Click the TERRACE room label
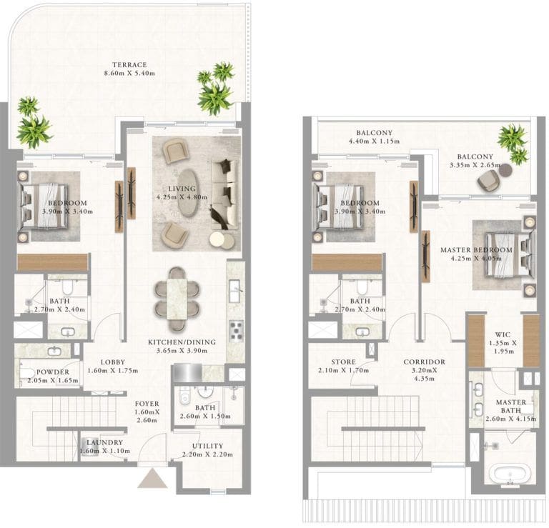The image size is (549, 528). [x=129, y=64]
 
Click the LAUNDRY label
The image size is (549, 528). [x=102, y=442]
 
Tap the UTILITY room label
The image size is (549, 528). [x=207, y=445]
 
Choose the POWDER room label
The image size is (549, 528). [x=54, y=372]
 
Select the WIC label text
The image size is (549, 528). [x=502, y=334]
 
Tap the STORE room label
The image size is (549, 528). [x=343, y=362]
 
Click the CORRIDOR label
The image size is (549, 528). [x=424, y=362]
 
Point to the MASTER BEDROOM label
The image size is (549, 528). [x=476, y=249]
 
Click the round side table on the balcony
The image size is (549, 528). [x=505, y=169]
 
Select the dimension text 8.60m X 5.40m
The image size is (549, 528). [x=129, y=74]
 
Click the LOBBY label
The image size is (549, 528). [x=112, y=362]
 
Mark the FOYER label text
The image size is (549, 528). [x=147, y=404]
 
